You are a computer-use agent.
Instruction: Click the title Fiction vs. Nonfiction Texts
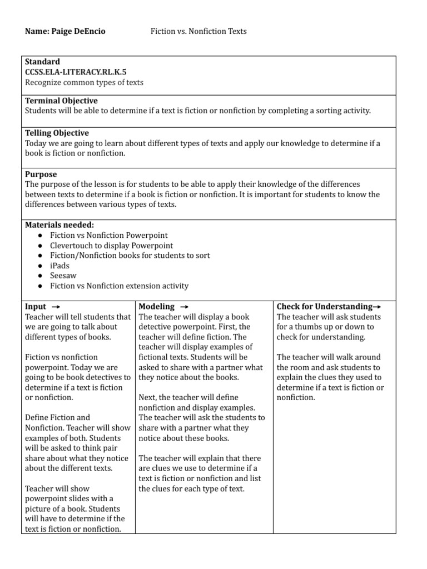(x=198, y=31)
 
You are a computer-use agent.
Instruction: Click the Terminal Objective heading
(x=61, y=101)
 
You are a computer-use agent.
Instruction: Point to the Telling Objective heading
(x=57, y=133)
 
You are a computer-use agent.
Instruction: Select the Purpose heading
(x=41, y=174)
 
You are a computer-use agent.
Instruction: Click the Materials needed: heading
(x=59, y=225)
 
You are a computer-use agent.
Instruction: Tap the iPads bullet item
(x=59, y=266)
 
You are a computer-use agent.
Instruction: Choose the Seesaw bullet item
(x=62, y=276)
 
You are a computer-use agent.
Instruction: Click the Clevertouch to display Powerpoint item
(x=111, y=245)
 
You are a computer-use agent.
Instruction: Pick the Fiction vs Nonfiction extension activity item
(x=119, y=286)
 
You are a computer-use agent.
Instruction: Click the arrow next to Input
(x=56, y=307)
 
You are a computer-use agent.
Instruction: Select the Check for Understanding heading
(x=325, y=307)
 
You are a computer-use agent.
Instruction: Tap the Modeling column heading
(x=156, y=307)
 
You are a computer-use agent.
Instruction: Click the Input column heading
(x=36, y=307)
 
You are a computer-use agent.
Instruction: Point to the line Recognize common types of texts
(x=84, y=82)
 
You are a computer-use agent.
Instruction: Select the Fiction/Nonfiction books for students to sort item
(x=130, y=256)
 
